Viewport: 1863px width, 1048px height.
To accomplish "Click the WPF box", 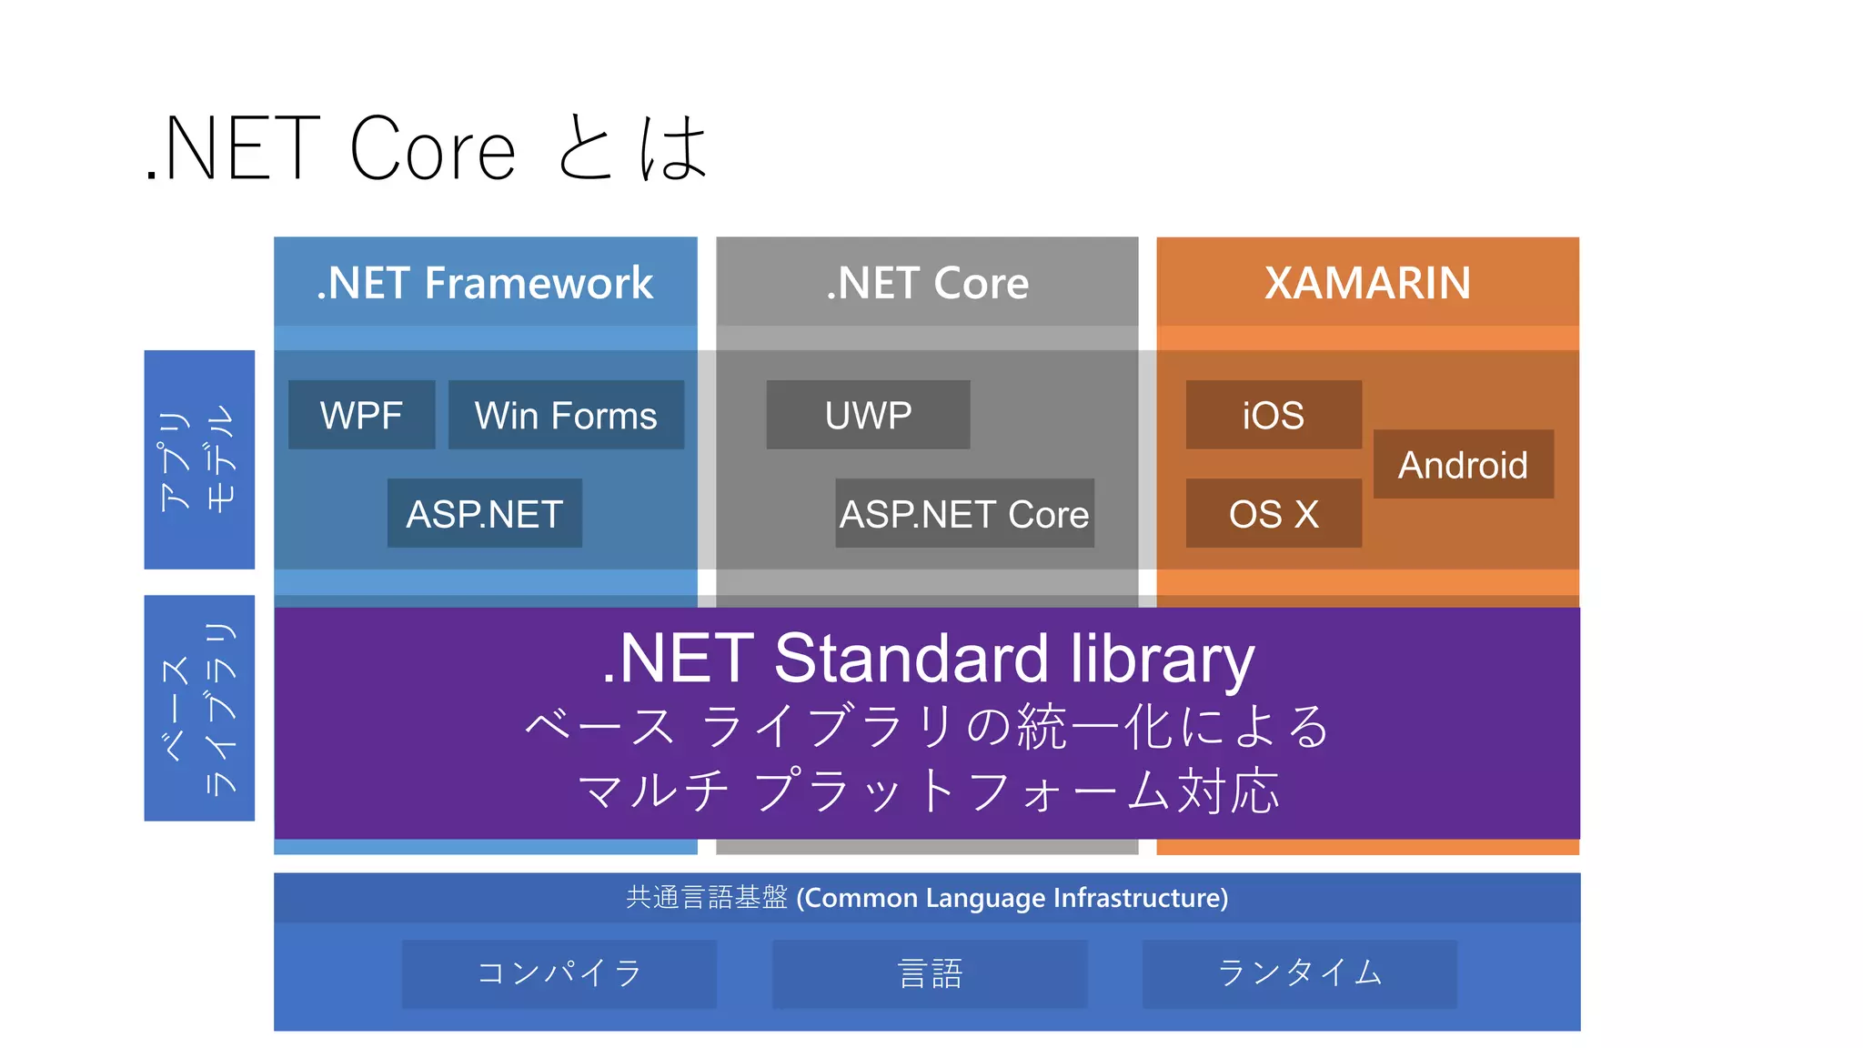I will coord(361,415).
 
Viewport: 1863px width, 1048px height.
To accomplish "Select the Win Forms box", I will coord(566,415).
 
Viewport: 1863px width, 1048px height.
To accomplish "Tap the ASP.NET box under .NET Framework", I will coord(484,513).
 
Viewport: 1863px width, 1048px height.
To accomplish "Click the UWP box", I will coord(868,415).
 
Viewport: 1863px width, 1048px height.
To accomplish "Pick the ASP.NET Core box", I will coord(964,513).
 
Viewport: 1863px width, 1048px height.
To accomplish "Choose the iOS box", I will coord(1273,415).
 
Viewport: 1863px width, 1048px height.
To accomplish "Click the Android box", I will coord(1463,464).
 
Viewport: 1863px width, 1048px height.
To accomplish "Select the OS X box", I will coord(1273,513).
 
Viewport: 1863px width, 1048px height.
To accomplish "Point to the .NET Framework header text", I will coord(484,283).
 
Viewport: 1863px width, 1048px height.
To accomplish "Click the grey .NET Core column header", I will coord(927,283).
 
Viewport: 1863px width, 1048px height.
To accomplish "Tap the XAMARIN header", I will coord(1367,283).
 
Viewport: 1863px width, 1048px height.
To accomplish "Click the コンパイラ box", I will coord(559,973).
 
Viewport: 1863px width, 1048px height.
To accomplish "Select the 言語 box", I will coord(929,973).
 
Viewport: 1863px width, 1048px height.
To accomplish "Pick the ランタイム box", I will coord(1299,973).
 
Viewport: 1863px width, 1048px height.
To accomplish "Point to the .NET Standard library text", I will coord(927,658).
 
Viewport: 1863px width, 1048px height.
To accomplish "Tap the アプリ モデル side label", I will coord(198,459).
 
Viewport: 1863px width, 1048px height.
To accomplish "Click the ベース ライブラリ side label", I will coord(198,708).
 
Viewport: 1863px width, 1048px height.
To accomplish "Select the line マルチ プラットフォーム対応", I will coord(927,790).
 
